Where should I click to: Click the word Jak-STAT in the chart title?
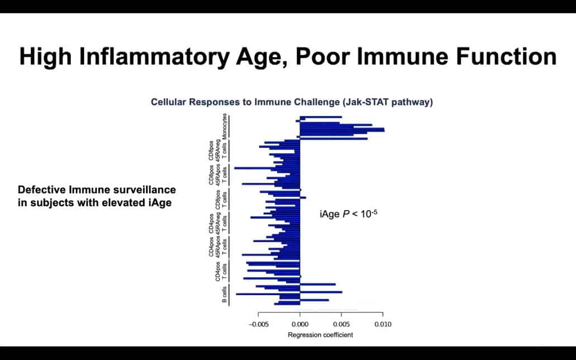click(x=376, y=102)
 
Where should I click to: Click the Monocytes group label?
click(x=225, y=126)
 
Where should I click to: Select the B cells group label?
click(x=225, y=295)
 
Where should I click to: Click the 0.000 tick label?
click(x=300, y=324)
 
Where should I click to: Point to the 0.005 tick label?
click(x=341, y=324)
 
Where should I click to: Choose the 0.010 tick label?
click(x=383, y=324)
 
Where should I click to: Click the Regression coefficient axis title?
click(x=320, y=335)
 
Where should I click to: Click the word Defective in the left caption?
click(x=40, y=190)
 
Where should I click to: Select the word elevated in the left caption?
click(x=126, y=203)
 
